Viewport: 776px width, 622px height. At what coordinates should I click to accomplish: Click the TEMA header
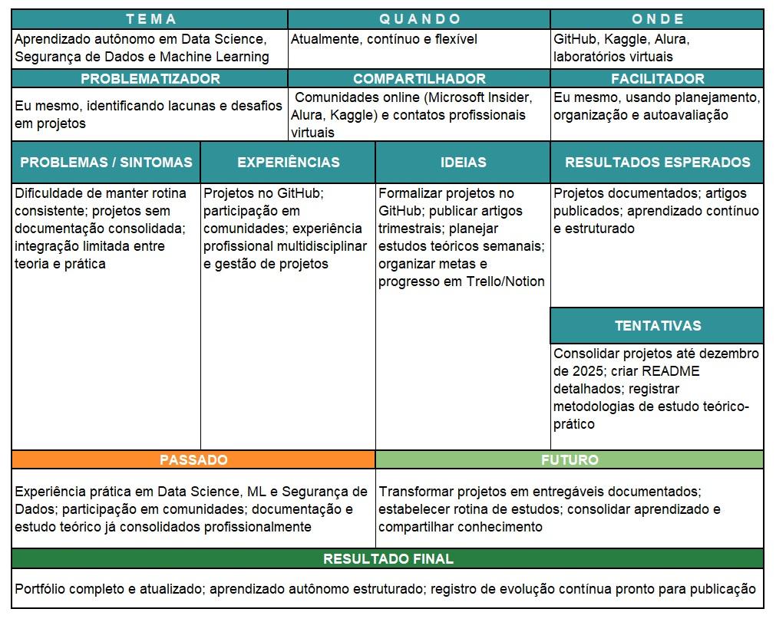(x=150, y=19)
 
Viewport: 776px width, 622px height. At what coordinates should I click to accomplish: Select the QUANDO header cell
(x=420, y=19)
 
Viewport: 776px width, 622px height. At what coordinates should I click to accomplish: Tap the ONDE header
(x=657, y=19)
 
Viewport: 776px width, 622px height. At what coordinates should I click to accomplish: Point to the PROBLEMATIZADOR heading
(x=150, y=78)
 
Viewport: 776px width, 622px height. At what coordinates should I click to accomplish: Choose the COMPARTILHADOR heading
(x=419, y=78)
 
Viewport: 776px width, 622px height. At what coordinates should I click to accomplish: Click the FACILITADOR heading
(x=657, y=78)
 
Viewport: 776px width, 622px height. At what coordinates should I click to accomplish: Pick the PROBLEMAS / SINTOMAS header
(x=106, y=162)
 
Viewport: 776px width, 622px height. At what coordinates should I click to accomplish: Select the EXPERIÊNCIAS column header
(x=288, y=162)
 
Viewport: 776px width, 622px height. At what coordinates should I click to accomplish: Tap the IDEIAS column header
(x=463, y=162)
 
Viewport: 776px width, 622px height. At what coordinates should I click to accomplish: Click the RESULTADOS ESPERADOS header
(x=657, y=162)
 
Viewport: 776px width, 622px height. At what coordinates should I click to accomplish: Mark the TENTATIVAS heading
(x=657, y=325)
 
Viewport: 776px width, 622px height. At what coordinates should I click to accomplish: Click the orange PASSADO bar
(x=193, y=459)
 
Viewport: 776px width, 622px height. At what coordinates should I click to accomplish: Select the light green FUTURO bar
(x=570, y=459)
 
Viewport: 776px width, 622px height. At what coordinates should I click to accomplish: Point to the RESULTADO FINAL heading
(x=388, y=558)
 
